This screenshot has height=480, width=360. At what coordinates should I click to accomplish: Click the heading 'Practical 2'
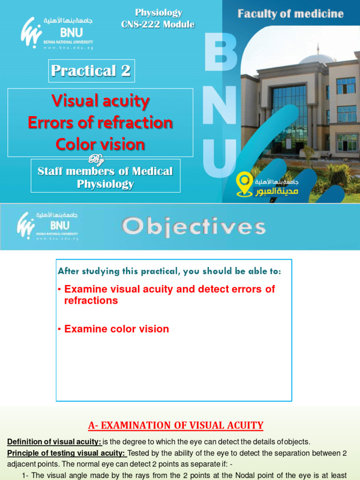pos(91,71)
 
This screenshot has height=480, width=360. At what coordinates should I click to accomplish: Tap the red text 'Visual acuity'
pos(100,101)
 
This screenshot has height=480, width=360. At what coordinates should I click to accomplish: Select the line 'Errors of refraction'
pos(100,123)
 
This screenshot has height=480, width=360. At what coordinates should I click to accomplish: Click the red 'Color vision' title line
pos(100,144)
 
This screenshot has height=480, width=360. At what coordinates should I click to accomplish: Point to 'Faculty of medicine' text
pos(290,14)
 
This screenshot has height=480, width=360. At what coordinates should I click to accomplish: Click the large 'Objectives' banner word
pos(194,227)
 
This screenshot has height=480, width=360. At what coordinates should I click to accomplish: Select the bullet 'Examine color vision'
pos(116,329)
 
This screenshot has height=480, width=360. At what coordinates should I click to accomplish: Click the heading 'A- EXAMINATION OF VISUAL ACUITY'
pos(176,426)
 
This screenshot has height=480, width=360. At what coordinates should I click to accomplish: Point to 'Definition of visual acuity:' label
pos(54,442)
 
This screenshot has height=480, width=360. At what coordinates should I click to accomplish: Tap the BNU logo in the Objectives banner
pos(47,225)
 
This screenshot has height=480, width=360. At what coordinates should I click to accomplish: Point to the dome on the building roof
pos(317,59)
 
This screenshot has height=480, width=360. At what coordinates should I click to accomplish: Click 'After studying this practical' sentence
pos(169,271)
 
